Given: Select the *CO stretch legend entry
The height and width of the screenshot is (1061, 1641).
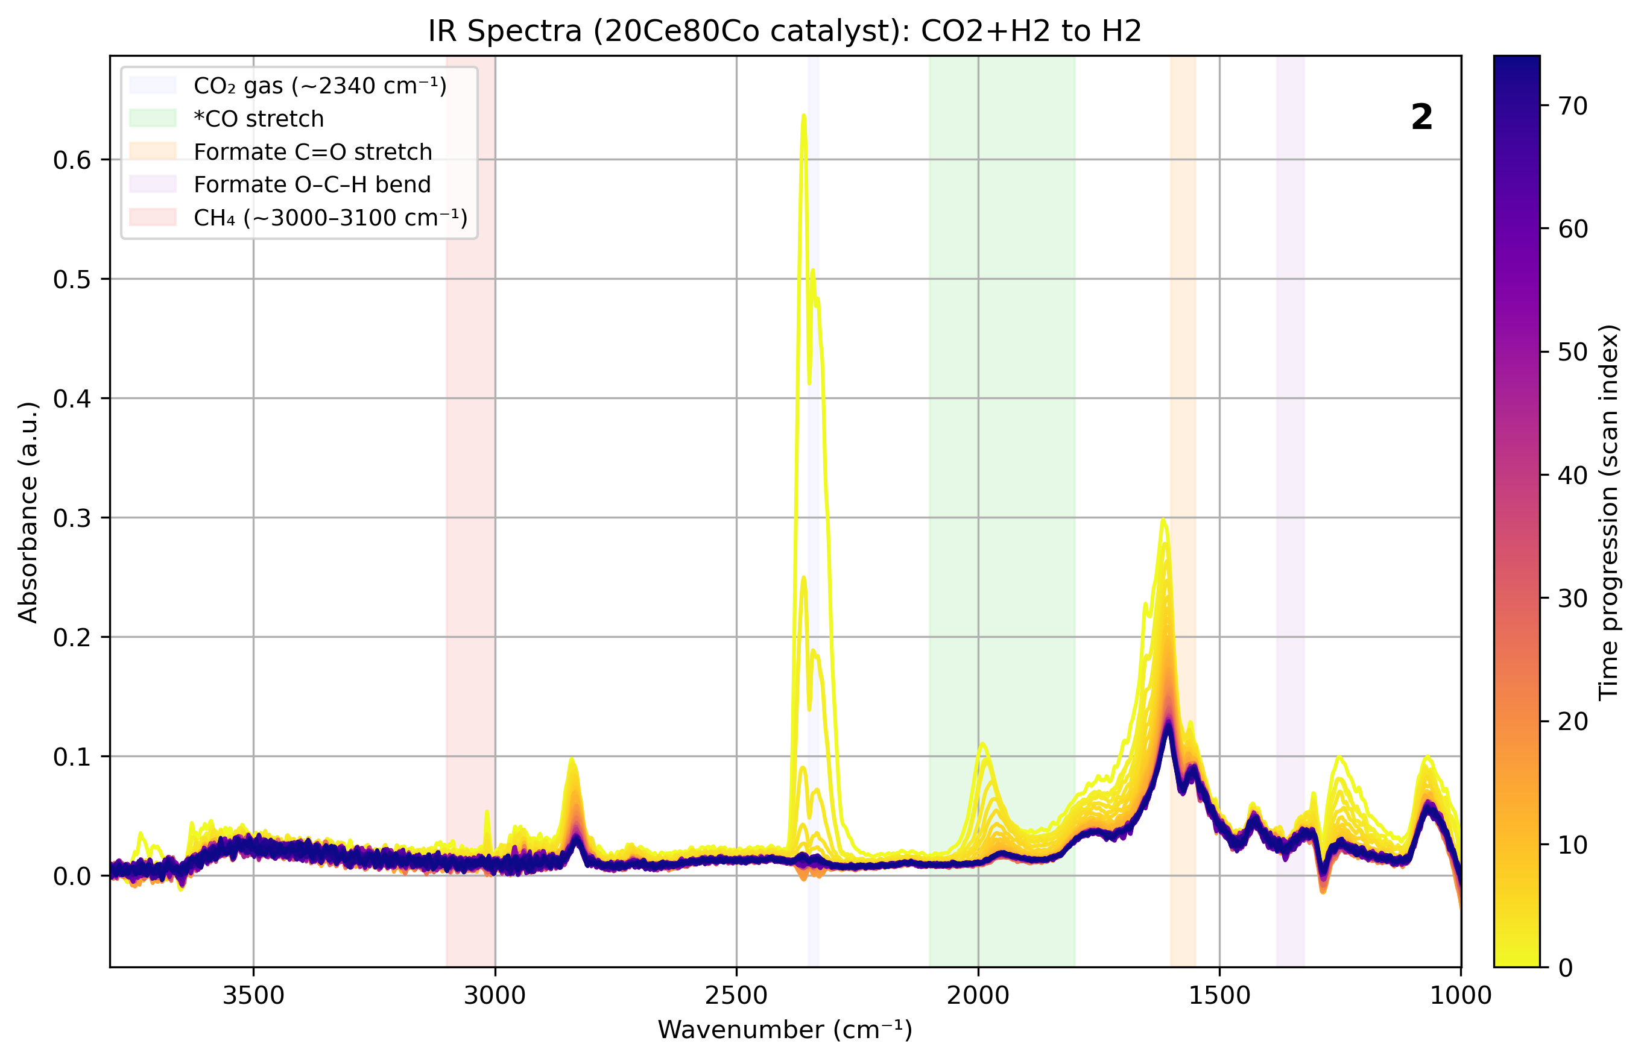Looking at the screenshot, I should pyautogui.click(x=259, y=119).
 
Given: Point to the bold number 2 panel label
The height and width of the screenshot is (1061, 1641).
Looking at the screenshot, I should pyautogui.click(x=1421, y=117).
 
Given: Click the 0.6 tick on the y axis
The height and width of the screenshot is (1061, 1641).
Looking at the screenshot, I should pyautogui.click(x=72, y=160).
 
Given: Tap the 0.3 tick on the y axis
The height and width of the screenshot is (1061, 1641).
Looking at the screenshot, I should pyautogui.click(x=72, y=518).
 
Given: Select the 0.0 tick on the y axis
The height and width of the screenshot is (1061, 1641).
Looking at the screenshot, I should pyautogui.click(x=72, y=877).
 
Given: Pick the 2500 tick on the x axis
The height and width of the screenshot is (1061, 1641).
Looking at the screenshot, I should pyautogui.click(x=736, y=995).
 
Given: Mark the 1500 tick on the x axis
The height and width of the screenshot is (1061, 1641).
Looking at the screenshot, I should pyautogui.click(x=1219, y=995).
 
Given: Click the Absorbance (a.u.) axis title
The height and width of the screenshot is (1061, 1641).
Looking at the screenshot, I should pyautogui.click(x=28, y=512).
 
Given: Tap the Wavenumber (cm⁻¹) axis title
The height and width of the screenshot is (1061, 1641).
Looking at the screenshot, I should pyautogui.click(x=785, y=1030).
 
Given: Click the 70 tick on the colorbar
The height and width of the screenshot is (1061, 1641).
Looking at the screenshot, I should pyautogui.click(x=1573, y=106).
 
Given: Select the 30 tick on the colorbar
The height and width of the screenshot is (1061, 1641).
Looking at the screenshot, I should pyautogui.click(x=1573, y=599).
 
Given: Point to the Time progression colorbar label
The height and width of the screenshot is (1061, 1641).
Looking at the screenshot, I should pyautogui.click(x=1608, y=512).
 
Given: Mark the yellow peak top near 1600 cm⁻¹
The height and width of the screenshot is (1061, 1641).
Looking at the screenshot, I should pyautogui.click(x=1163, y=520).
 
